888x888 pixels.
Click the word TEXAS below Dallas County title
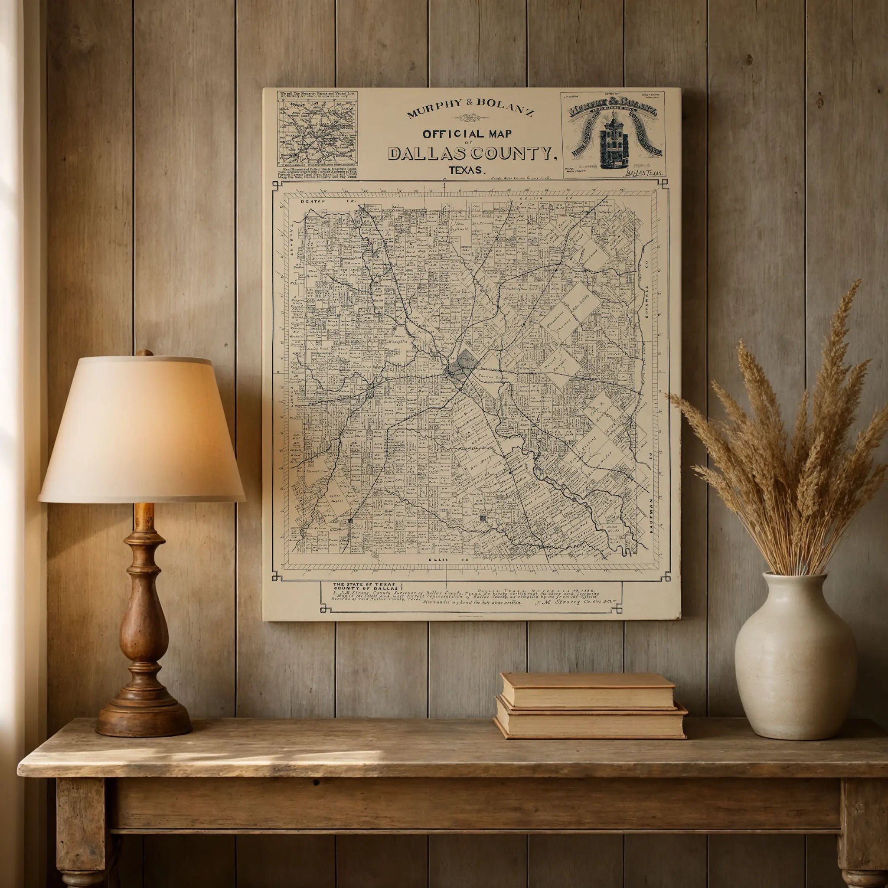click(x=467, y=170)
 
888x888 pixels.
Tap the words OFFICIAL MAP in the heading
click(x=467, y=134)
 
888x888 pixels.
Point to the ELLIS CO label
click(x=447, y=560)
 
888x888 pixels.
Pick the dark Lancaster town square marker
click(x=482, y=519)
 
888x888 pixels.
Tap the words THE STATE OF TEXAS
click(x=364, y=584)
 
